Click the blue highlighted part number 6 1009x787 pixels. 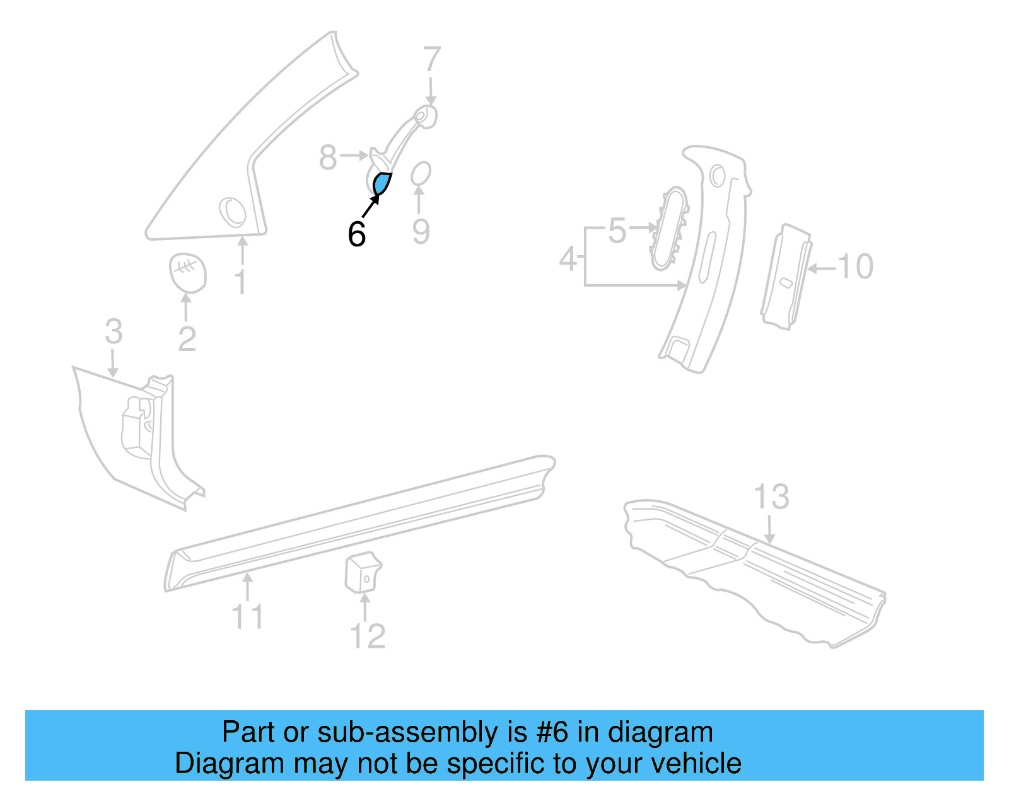coord(382,183)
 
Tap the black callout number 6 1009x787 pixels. coord(357,234)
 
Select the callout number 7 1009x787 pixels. coord(431,60)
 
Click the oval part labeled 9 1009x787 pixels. coord(421,174)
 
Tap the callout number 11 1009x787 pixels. coord(247,616)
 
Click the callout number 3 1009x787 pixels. coord(114,331)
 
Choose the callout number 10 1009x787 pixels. coord(855,266)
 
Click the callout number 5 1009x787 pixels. coord(617,231)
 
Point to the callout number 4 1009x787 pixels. coord(569,259)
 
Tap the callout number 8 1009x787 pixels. coord(328,157)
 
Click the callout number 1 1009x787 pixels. coord(241,282)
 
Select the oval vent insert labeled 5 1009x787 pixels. coord(668,228)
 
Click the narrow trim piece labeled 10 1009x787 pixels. coord(785,277)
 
